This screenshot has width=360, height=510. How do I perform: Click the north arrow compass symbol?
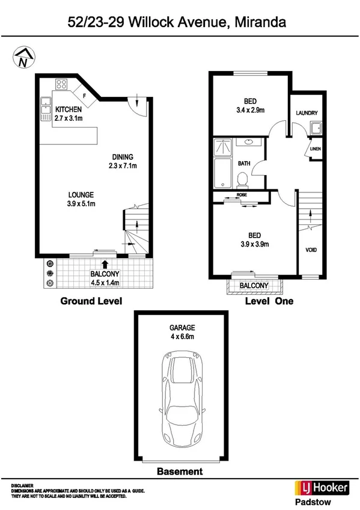coord(22,58)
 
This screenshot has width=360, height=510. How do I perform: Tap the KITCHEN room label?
coord(69,110)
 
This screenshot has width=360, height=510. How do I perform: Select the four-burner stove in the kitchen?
coord(61,84)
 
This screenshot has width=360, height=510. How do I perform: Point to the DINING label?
coord(122,157)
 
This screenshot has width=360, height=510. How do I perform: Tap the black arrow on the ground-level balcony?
coord(105,263)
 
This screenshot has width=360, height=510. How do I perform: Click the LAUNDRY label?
coord(307,113)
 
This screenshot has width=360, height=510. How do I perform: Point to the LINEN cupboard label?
coord(315,149)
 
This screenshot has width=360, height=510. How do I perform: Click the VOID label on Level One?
coord(311,250)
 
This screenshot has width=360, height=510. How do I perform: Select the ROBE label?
coord(242,195)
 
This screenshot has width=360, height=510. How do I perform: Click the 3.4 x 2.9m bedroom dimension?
coord(251,110)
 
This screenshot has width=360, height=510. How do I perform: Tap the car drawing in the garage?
coord(182,396)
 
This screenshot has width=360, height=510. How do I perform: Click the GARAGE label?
coord(182,328)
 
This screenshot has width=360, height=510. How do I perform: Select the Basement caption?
coord(180,472)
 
